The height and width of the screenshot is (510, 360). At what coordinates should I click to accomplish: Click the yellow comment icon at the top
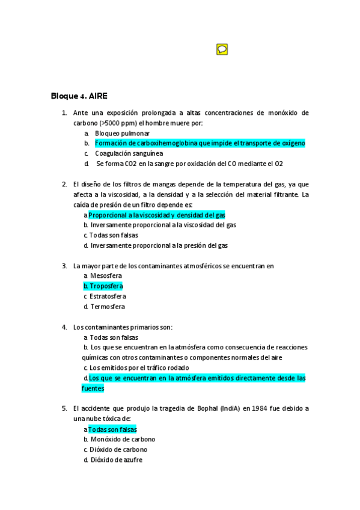coord(222,49)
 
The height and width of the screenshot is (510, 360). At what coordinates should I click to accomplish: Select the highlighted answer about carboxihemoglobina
coord(200,143)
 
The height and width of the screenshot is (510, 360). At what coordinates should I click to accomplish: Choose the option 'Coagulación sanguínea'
coord(129,153)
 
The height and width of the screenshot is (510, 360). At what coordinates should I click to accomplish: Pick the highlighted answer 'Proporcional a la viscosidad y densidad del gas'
coord(157,215)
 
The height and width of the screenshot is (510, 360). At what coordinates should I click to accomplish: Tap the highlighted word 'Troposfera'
coord(106,286)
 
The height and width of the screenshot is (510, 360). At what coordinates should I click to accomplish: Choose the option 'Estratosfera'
coord(108,296)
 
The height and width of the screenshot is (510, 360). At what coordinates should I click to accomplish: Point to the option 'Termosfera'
coord(107,307)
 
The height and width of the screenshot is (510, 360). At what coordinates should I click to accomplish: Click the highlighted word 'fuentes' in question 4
coord(93,389)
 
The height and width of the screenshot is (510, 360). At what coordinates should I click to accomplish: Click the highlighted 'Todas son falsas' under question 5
coord(112,429)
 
